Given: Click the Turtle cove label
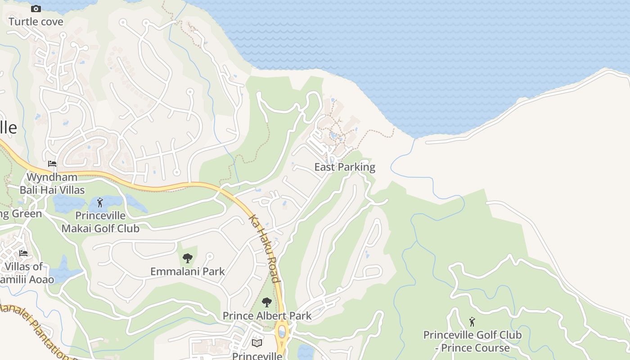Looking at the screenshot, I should (x=36, y=22).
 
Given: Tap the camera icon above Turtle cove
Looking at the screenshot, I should (x=36, y=9).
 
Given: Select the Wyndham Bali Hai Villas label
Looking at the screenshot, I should (x=52, y=184).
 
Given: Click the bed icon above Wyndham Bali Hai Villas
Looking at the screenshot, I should (x=52, y=164).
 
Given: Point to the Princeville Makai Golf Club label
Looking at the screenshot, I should (x=100, y=222).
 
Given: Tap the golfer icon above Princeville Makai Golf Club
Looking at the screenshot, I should (x=100, y=202).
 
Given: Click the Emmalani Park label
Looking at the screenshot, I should (x=187, y=271).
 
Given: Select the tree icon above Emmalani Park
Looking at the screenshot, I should (x=188, y=258).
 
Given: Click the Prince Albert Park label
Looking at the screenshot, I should (x=267, y=316).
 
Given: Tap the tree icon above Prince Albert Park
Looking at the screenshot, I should (x=267, y=302).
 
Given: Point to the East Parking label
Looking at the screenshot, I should (x=345, y=167).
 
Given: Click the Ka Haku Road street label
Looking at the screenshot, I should (x=265, y=248).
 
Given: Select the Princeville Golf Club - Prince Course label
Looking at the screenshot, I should (x=472, y=342).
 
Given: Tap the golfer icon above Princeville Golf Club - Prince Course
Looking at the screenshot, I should (x=472, y=322).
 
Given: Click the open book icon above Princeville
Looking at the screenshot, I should (x=257, y=343).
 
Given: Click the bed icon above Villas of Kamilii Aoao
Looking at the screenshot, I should (x=23, y=253).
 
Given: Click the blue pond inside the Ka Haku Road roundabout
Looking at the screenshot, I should (x=282, y=333).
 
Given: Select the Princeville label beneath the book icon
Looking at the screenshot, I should (x=257, y=356).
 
